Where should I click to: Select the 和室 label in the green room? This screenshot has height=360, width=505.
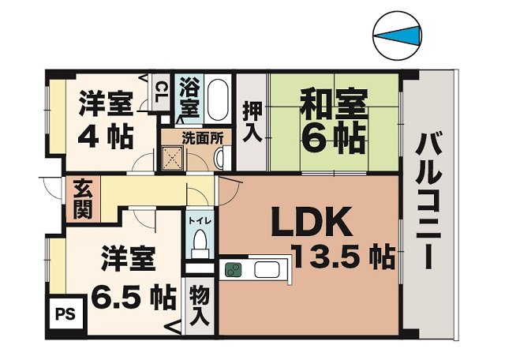tap(332, 104)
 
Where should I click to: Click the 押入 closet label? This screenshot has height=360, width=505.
tap(251, 122)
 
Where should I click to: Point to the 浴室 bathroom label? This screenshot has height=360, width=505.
tap(189, 95)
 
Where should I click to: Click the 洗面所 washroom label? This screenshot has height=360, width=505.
tap(203, 136)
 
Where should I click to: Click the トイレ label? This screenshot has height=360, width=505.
tap(199, 222)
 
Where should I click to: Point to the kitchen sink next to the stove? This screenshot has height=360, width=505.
tap(264, 270)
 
